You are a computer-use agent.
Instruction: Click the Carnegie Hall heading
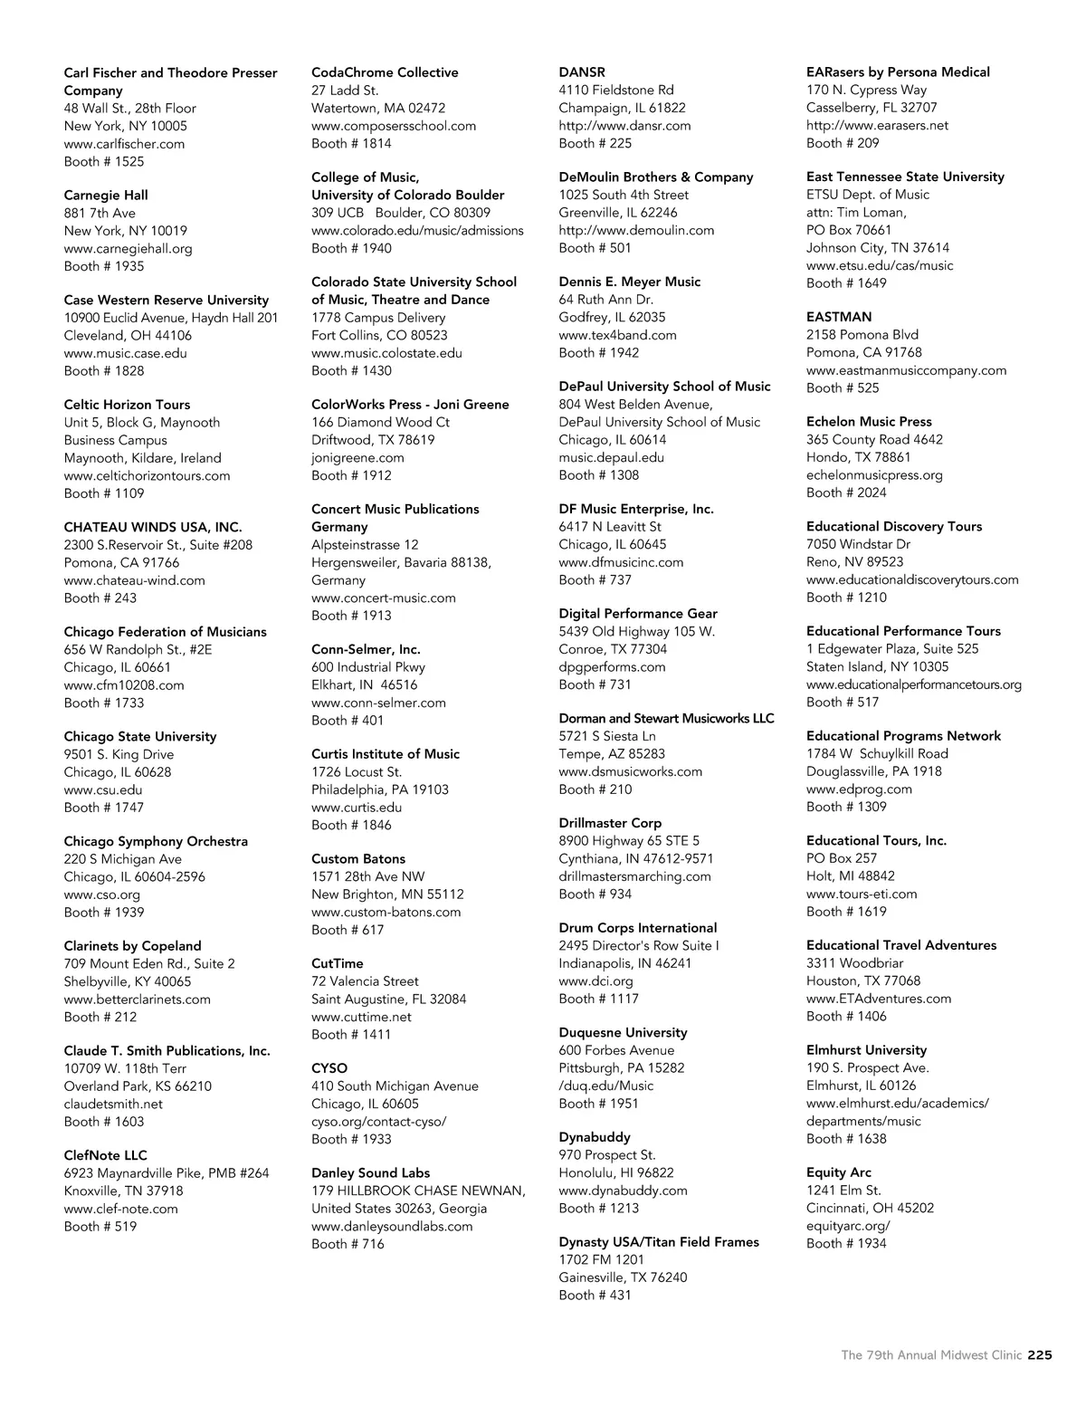point(106,196)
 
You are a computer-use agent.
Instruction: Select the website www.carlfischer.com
point(124,144)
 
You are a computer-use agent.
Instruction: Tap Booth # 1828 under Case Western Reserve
point(104,371)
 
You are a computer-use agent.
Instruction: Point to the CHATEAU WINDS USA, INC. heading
point(153,527)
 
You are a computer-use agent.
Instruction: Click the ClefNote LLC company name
point(105,1155)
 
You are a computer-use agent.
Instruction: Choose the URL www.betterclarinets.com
point(137,1000)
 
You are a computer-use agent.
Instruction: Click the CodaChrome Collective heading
point(385,72)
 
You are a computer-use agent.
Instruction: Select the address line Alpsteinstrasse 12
point(365,545)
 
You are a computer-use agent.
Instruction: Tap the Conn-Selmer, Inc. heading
point(366,649)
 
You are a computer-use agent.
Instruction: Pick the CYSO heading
point(329,1068)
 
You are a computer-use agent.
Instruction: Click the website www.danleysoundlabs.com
point(392,1227)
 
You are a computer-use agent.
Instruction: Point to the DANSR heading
point(582,72)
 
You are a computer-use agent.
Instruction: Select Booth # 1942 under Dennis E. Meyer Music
point(598,353)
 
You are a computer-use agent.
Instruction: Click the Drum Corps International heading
point(637,928)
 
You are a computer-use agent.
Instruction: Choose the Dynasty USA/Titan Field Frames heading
point(659,1242)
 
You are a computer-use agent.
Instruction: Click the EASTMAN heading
point(839,317)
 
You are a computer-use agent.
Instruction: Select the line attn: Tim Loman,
point(856,213)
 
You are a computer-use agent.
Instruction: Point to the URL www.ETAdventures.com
point(879,999)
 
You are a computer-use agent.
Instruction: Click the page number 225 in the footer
point(1040,1355)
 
